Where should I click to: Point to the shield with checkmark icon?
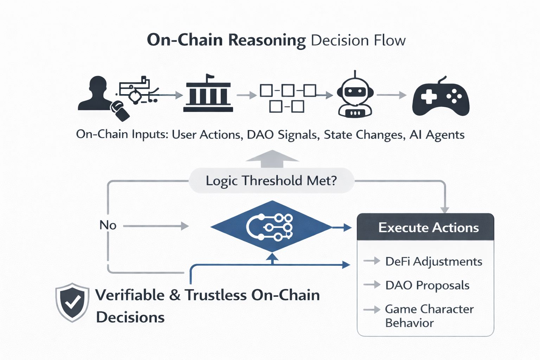point(72,302)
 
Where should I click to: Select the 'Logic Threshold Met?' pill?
point(271,181)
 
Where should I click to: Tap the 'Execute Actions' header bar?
point(425,227)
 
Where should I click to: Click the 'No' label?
point(108,225)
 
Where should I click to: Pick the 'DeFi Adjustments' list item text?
point(434,262)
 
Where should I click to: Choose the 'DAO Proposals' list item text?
point(427,285)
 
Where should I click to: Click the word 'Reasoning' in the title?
point(267,40)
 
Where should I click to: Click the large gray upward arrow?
point(272,159)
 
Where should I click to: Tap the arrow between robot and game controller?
point(392,95)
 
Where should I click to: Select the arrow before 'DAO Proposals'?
point(372,284)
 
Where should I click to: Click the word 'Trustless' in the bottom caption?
point(216,295)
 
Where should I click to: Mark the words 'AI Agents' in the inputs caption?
point(437,135)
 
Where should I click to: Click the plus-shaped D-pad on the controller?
point(429,96)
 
